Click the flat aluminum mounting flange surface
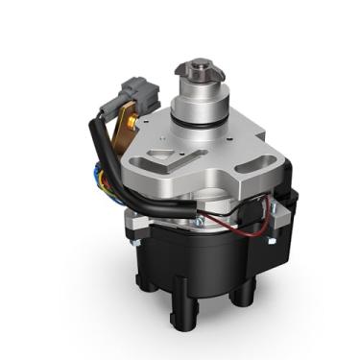pos(221,158)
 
